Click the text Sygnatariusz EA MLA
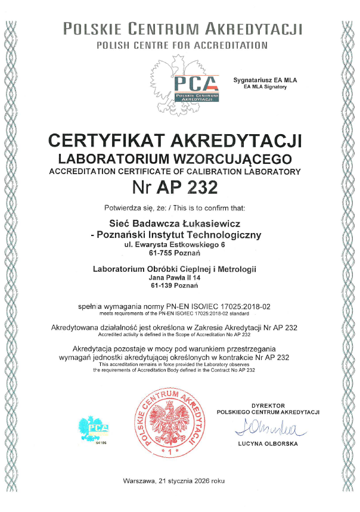(x=265, y=80)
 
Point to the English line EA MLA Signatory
(x=265, y=87)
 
